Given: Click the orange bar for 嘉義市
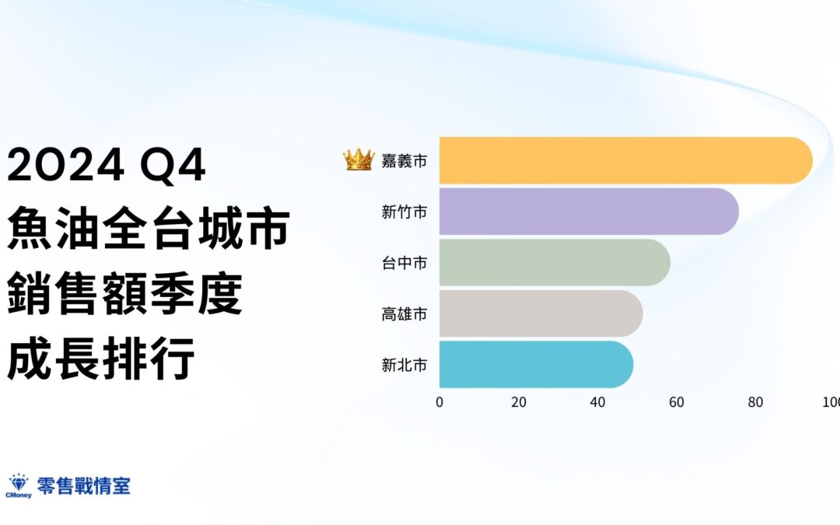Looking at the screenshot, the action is [625, 161].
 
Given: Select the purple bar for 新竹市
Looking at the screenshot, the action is [590, 211].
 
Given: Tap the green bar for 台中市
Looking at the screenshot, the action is [555, 263].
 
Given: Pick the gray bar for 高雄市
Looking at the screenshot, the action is [541, 313].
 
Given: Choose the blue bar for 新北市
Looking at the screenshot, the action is [536, 364].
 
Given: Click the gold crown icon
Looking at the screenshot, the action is [359, 159].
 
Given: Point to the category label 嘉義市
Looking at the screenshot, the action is [404, 161].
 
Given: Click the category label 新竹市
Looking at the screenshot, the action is [404, 212].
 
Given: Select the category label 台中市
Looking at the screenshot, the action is [404, 263].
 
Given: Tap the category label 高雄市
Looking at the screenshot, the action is [404, 314].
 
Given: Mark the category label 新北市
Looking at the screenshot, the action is [404, 365].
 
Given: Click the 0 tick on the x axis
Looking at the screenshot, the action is [439, 402].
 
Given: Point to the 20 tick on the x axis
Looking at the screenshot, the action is [519, 402].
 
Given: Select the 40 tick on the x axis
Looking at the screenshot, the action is [597, 402].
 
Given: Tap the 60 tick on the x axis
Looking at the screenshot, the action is [677, 402].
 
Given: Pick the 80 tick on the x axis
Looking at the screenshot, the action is [755, 402].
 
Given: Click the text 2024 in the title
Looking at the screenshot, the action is [66, 164].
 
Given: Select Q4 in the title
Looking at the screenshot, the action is [173, 166].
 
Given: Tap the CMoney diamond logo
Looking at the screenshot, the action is [19, 486].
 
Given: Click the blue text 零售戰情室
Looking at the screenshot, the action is [83, 486].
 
